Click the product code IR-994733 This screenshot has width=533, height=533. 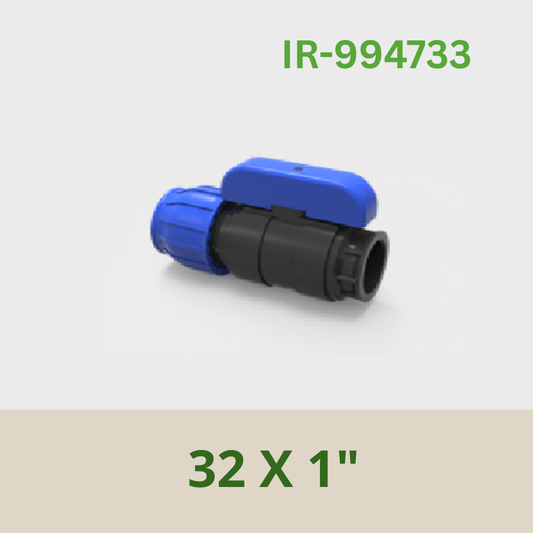377,55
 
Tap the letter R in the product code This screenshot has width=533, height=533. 306,55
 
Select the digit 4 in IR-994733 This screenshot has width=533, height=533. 395,55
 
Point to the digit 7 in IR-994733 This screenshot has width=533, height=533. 420,55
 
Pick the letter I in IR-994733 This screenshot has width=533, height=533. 286,55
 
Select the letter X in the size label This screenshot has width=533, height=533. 276,469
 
